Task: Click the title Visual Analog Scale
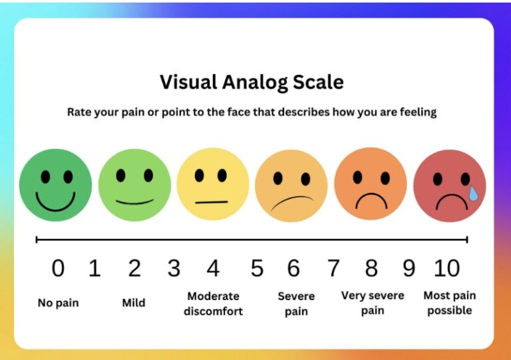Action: point(252,82)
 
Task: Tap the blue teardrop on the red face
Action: point(473,193)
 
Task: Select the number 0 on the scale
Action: point(58,268)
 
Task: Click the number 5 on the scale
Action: point(257,268)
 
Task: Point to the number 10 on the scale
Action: point(447,268)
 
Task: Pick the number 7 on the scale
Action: point(333,268)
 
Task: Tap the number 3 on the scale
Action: point(174,268)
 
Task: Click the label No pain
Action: point(59,303)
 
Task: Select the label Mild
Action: point(134,303)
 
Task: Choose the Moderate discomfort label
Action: point(213,303)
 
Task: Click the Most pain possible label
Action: point(449,303)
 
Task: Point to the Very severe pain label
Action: point(373,303)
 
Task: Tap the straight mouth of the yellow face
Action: point(212,202)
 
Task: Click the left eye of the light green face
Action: point(120,175)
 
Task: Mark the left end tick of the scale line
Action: point(37,240)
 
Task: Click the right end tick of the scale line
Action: point(467,240)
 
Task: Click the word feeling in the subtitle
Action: point(418,112)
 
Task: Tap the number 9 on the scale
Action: point(409,268)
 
